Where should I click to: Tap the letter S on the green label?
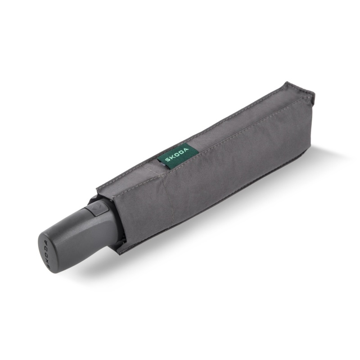click(x=164, y=159)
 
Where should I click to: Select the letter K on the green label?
click(x=170, y=156)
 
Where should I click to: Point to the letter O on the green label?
click(x=175, y=154)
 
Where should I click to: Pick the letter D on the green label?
click(x=180, y=152)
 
